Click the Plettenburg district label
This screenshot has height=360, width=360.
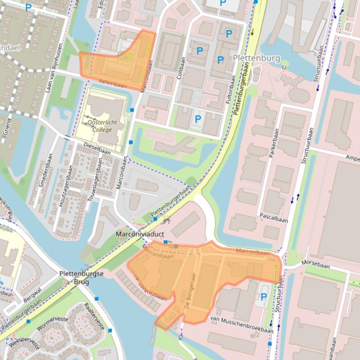(256, 58)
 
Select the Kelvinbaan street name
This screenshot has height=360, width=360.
(113, 83)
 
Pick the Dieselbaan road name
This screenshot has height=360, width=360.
(97, 151)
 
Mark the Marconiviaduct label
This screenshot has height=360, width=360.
(138, 234)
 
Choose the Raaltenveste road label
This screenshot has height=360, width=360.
(94, 316)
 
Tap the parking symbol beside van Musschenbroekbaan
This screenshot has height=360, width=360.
(264, 297)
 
